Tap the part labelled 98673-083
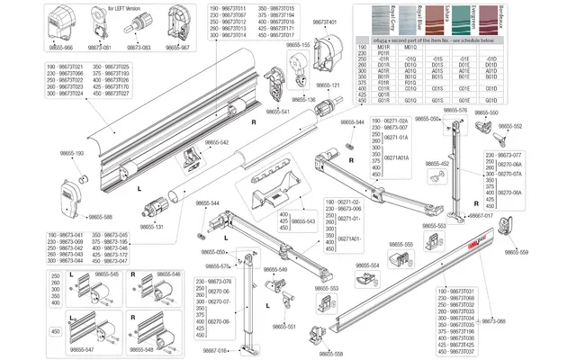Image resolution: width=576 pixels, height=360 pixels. pyautogui.click(x=138, y=47)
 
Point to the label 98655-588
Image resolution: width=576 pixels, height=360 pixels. pyautogui.click(x=101, y=216)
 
